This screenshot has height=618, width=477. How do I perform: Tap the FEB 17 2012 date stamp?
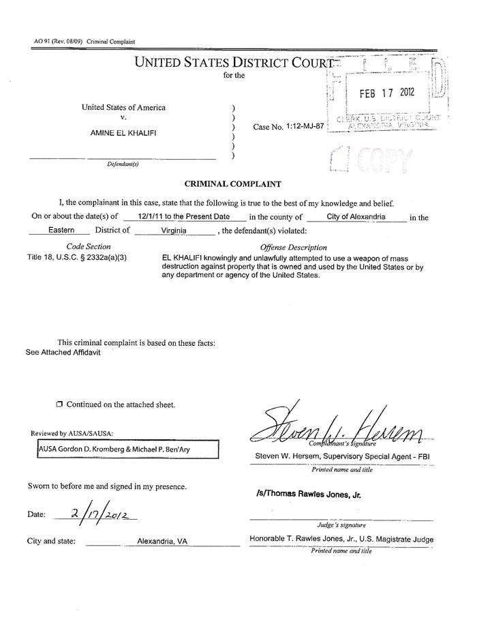(x=386, y=93)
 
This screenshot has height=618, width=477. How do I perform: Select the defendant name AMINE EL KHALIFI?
(x=123, y=132)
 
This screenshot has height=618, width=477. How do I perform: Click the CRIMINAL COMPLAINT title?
(x=233, y=183)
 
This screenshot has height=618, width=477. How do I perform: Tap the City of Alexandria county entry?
(x=356, y=216)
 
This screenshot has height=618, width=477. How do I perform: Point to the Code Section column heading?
(x=89, y=246)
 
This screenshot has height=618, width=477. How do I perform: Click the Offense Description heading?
(x=294, y=247)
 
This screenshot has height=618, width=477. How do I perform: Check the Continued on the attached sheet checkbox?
(x=59, y=404)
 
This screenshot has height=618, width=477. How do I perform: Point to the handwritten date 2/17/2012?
(x=103, y=511)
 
